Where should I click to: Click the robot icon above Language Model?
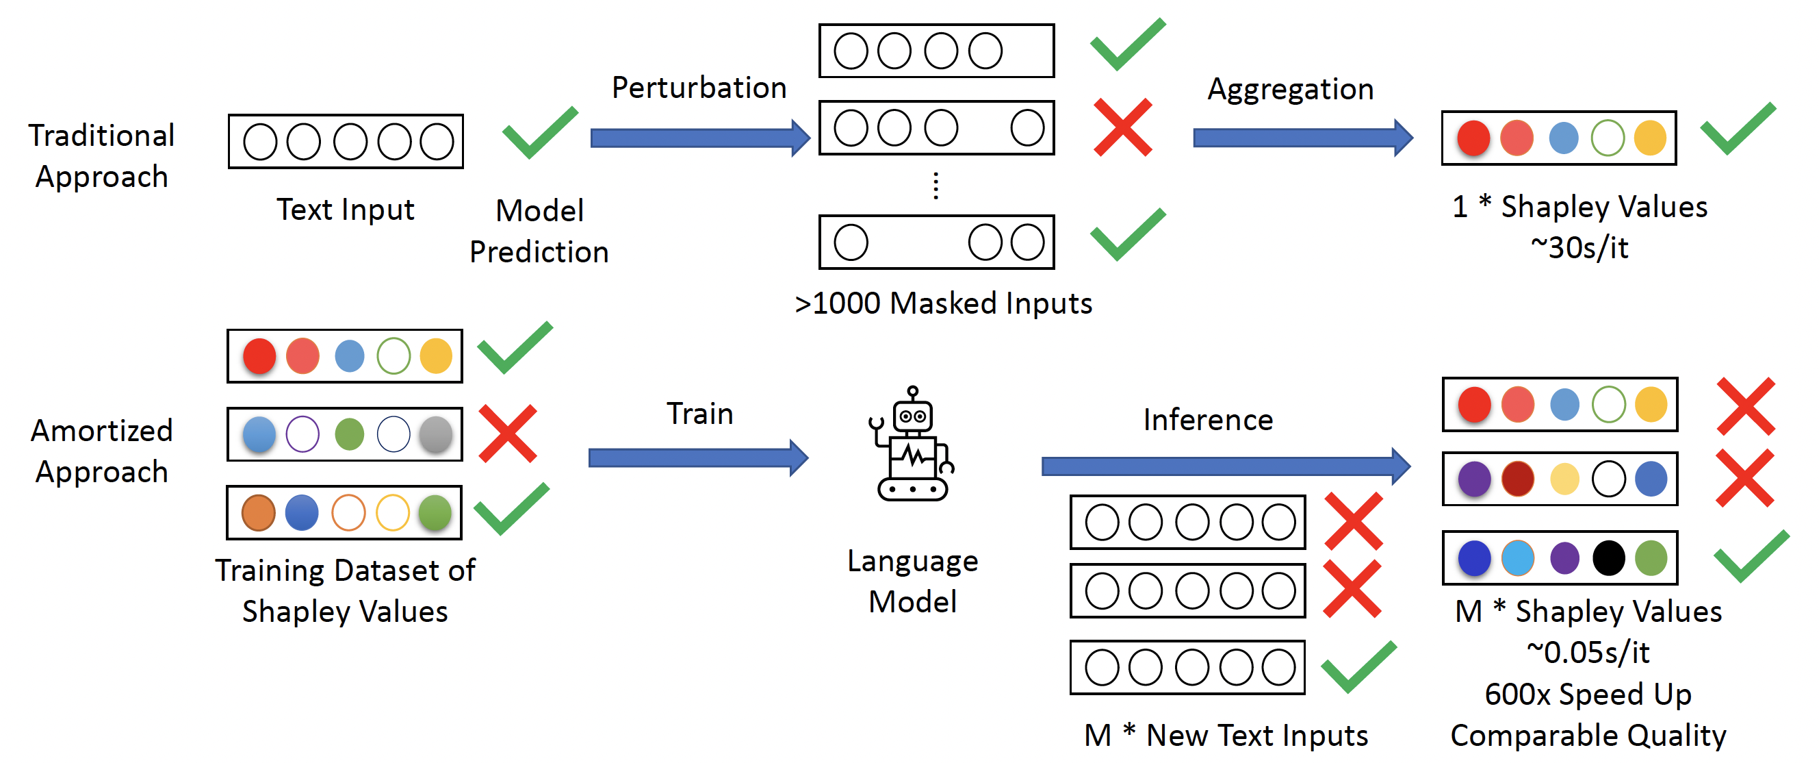(912, 445)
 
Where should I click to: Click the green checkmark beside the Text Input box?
(539, 132)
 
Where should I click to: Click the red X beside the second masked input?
(1123, 127)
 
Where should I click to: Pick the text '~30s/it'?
(1579, 248)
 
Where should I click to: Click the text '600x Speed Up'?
(1588, 695)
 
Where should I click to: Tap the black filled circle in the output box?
(1608, 558)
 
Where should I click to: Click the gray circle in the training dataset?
(436, 434)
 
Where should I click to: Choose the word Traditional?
(102, 135)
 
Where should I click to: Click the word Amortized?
(102, 430)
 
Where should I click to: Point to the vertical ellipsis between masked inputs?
(936, 186)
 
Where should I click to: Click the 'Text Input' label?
(346, 209)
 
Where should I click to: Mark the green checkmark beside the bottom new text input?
(1358, 666)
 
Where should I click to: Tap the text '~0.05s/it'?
(1588, 653)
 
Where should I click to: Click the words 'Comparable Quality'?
(1588, 736)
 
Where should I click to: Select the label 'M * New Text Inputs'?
(1226, 736)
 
